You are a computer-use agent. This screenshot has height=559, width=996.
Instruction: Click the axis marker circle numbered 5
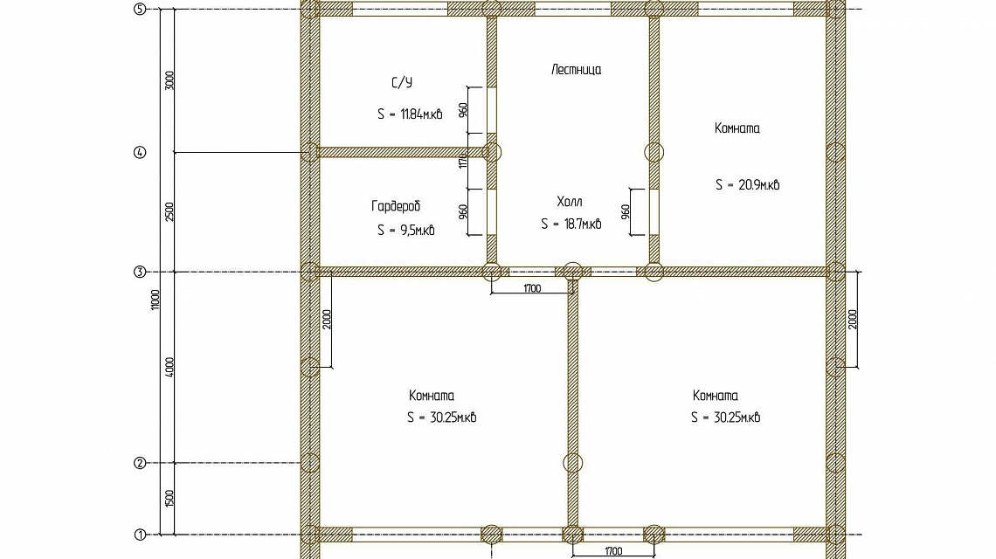pyautogui.click(x=140, y=9)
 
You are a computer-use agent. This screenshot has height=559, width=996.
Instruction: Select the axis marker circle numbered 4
pyautogui.click(x=140, y=153)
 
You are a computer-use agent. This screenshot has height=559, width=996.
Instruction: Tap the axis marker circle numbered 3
pyautogui.click(x=140, y=272)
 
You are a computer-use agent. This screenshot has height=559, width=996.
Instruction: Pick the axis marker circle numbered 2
pyautogui.click(x=140, y=463)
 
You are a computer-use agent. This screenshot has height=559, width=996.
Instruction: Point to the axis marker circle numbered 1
pyautogui.click(x=140, y=535)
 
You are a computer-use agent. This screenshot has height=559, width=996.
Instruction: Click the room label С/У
pyautogui.click(x=401, y=83)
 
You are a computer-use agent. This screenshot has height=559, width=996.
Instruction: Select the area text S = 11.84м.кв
pyautogui.click(x=410, y=114)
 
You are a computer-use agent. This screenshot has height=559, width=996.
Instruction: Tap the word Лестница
pyautogui.click(x=576, y=69)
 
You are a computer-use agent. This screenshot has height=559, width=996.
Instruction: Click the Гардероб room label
pyautogui.click(x=396, y=206)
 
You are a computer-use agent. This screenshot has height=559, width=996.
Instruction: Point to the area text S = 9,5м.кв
pyautogui.click(x=406, y=230)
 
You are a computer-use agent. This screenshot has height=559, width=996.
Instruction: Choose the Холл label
pyautogui.click(x=569, y=202)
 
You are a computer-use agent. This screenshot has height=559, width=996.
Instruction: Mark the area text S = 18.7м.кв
pyautogui.click(x=571, y=224)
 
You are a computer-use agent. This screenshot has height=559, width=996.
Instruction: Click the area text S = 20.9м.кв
pyautogui.click(x=748, y=185)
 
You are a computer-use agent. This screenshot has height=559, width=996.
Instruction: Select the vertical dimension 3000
pyautogui.click(x=169, y=80)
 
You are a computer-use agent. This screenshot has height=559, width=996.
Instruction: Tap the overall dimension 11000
pyautogui.click(x=156, y=300)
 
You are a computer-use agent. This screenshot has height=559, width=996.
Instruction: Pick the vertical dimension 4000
pyautogui.click(x=169, y=367)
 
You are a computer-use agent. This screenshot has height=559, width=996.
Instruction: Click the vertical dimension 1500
pyautogui.click(x=169, y=498)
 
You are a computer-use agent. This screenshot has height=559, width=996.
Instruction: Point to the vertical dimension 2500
pyautogui.click(x=169, y=211)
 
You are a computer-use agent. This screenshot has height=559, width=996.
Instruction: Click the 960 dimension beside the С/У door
pyautogui.click(x=463, y=110)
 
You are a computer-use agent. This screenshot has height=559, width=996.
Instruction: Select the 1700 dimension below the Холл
pyautogui.click(x=532, y=288)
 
